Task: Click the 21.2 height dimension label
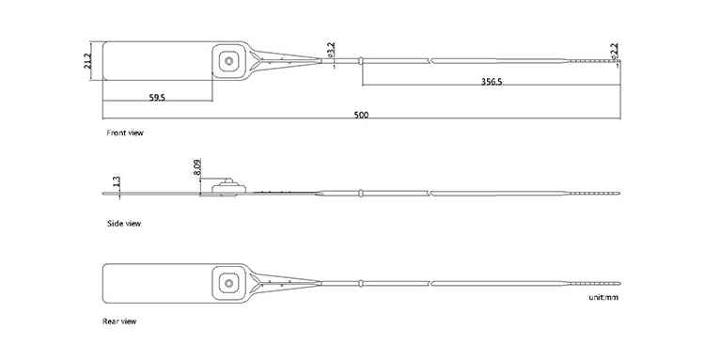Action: click(87, 61)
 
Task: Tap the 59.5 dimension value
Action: click(157, 97)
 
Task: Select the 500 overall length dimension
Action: click(361, 115)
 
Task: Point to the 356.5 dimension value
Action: click(492, 82)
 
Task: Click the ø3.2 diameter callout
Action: click(332, 50)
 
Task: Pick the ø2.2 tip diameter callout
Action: click(614, 51)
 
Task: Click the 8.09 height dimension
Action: click(197, 167)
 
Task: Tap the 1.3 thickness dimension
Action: click(117, 181)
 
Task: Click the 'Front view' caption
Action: click(125, 133)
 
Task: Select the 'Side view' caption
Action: click(124, 224)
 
